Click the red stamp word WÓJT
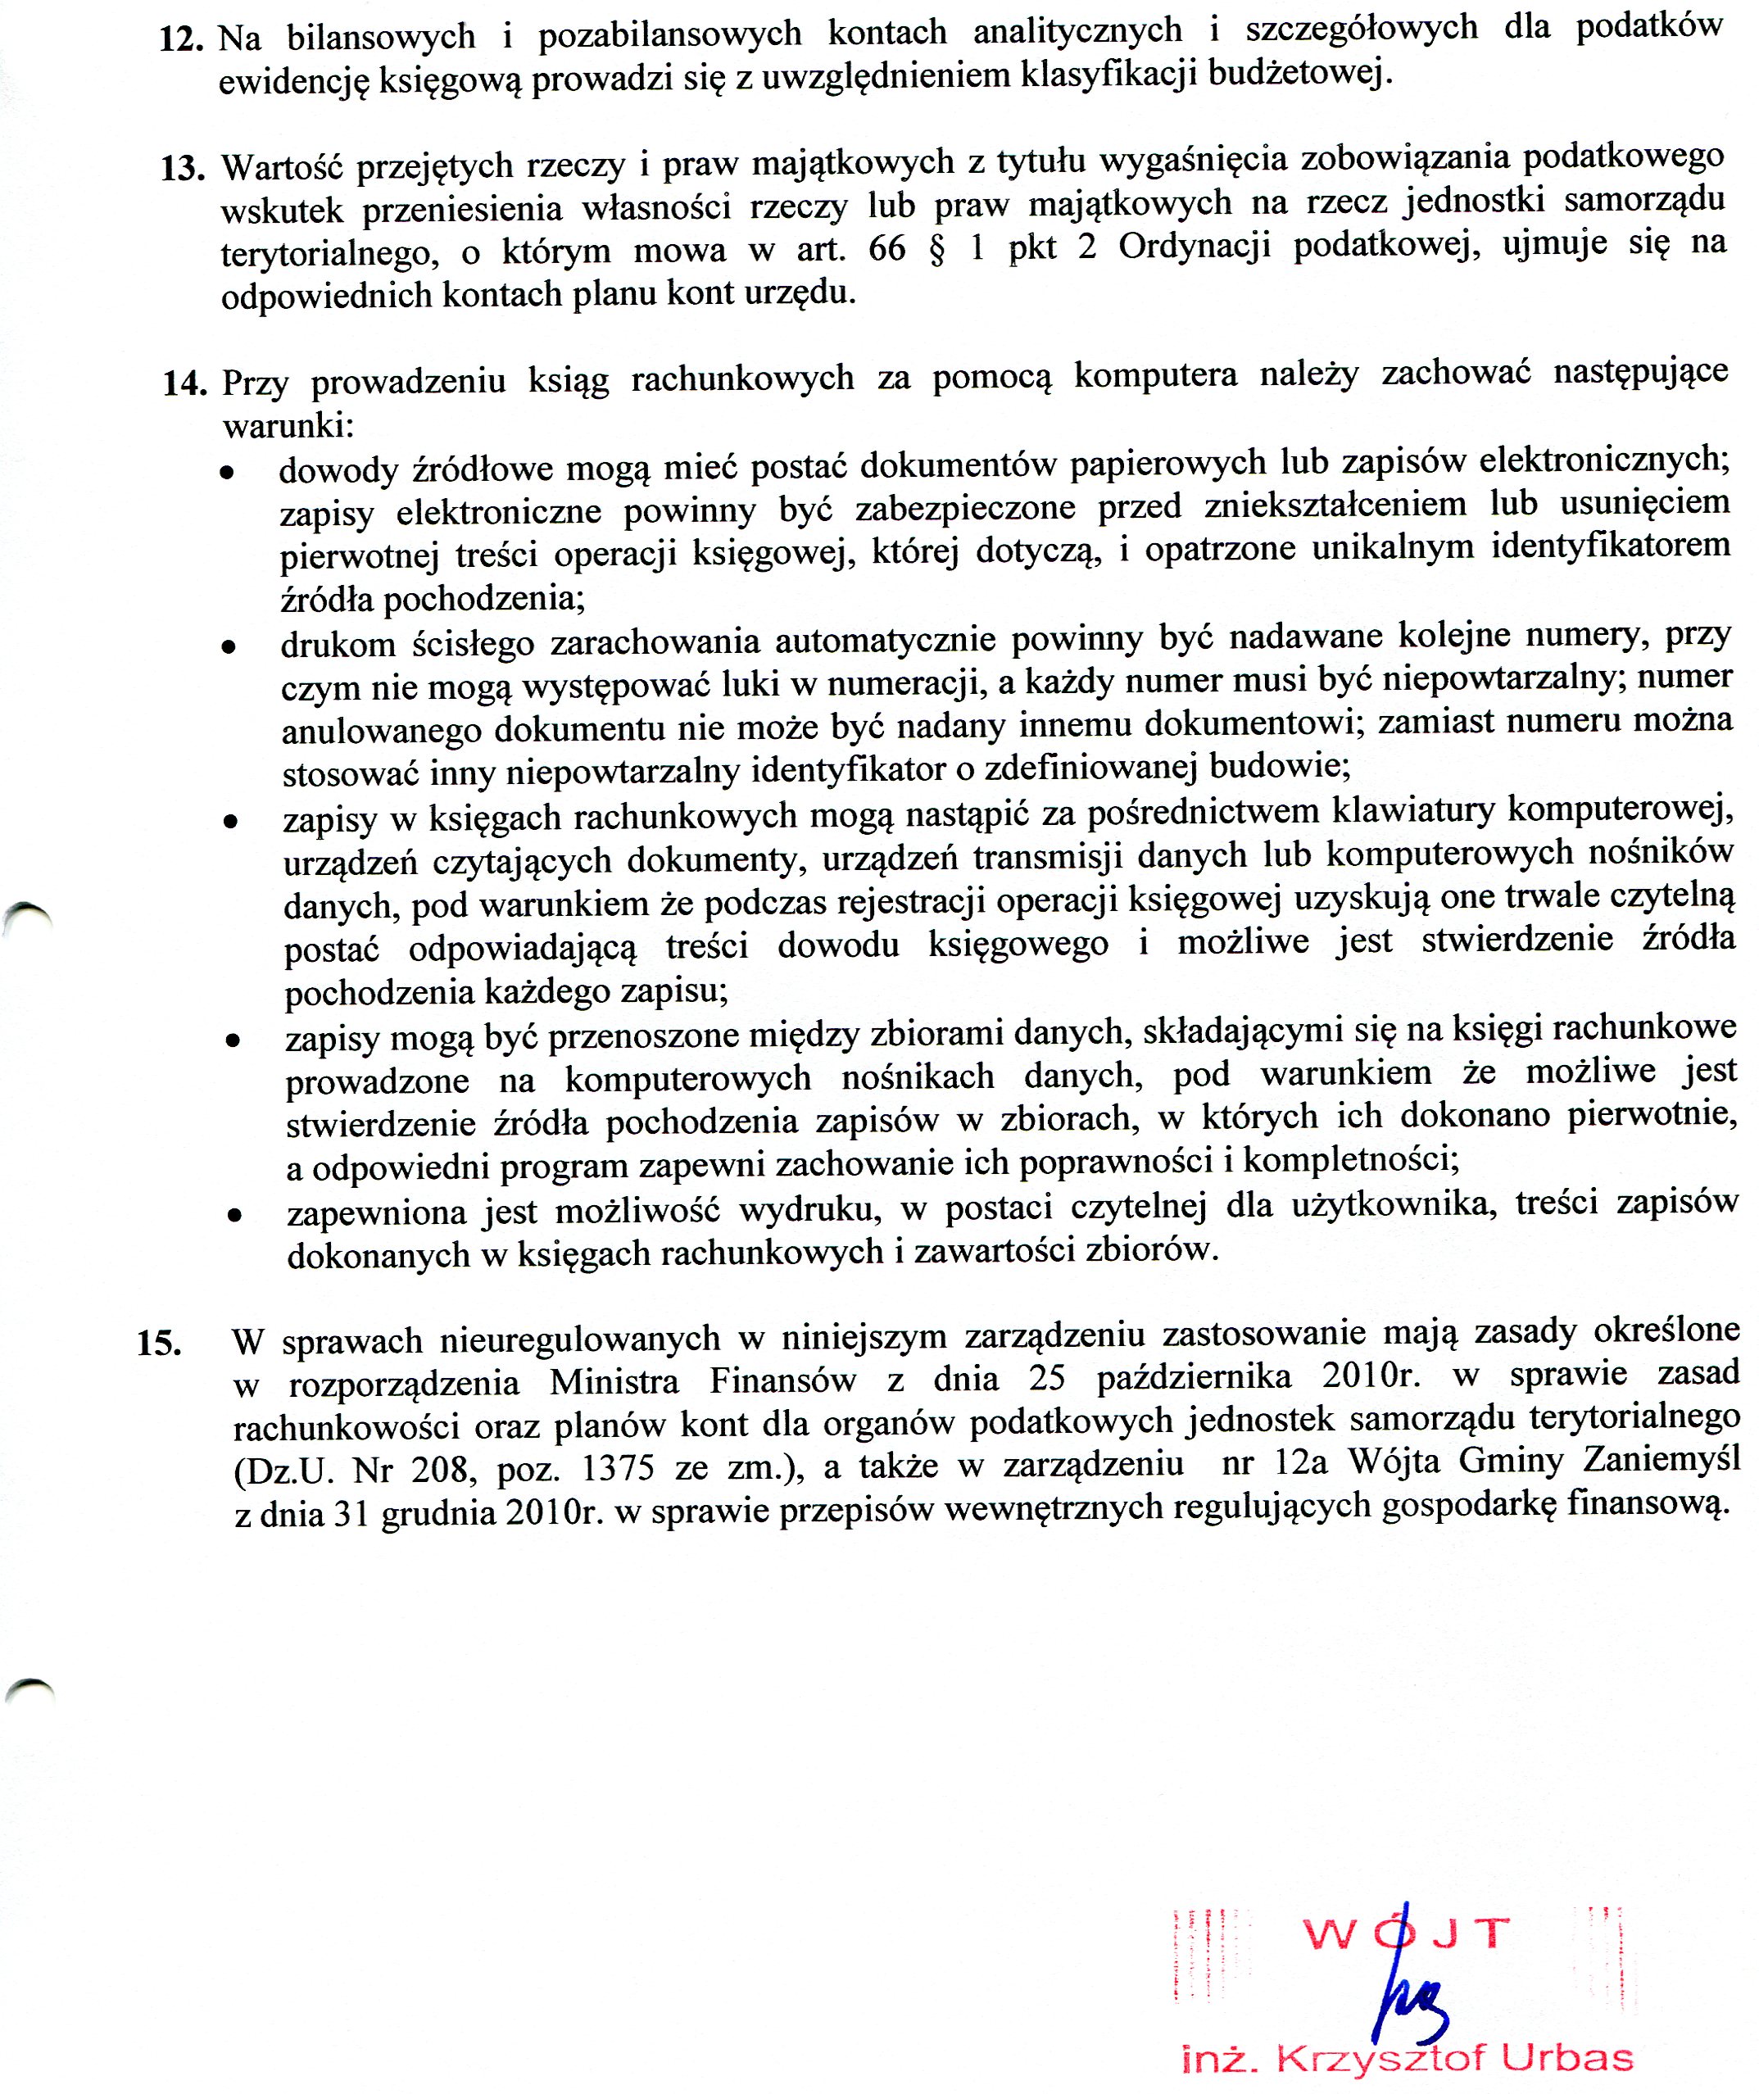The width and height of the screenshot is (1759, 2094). click(1406, 1935)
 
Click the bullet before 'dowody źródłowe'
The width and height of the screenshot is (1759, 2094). click(229, 473)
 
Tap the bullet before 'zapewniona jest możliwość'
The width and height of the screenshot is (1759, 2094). click(234, 1217)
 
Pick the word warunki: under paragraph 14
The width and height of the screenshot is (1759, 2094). click(288, 428)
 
